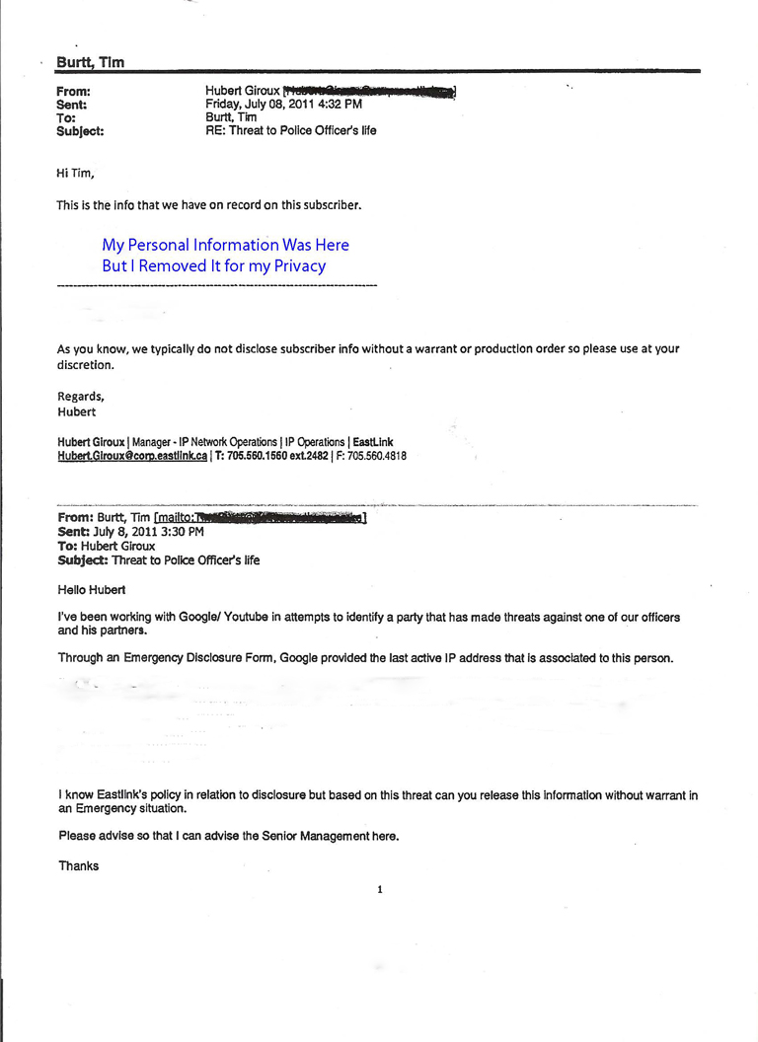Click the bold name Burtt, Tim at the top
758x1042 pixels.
(x=90, y=63)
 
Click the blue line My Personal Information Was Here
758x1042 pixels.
(x=225, y=245)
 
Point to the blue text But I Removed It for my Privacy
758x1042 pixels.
(x=213, y=266)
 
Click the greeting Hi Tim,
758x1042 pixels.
(x=75, y=175)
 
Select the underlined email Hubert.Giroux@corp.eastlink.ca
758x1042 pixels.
(x=132, y=457)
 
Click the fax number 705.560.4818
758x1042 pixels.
(x=376, y=457)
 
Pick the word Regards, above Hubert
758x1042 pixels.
(x=81, y=397)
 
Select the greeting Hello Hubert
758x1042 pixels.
(x=92, y=590)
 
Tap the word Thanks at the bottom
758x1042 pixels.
(x=78, y=866)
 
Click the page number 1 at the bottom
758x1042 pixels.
(x=380, y=890)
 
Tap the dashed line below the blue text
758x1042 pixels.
(x=217, y=285)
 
